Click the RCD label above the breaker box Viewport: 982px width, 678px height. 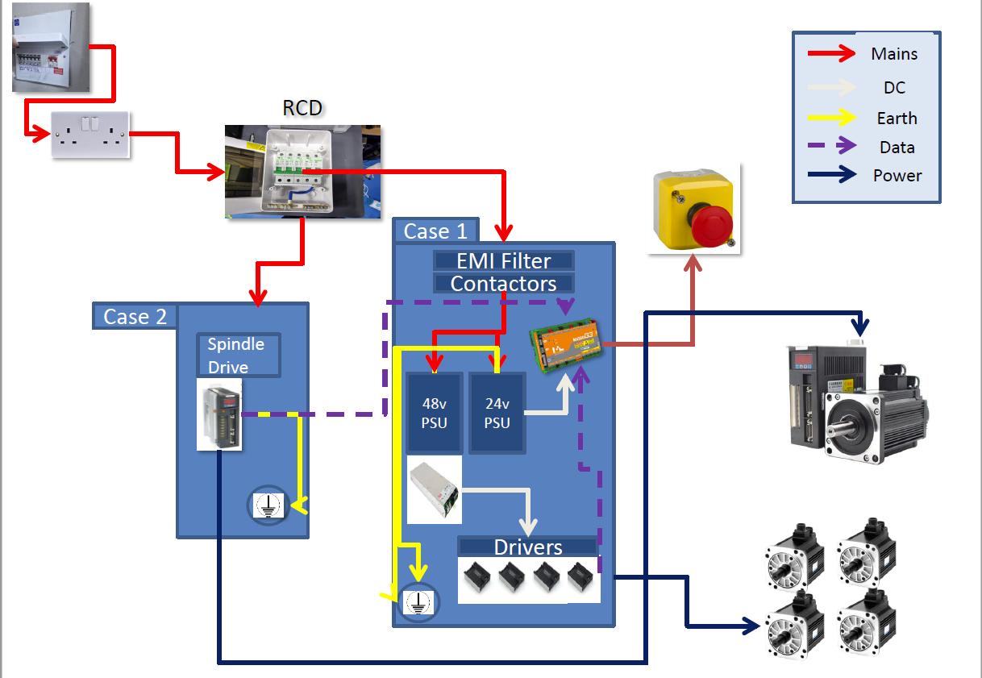coord(303,107)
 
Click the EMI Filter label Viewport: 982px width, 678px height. coord(504,261)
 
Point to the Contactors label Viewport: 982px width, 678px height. coord(504,284)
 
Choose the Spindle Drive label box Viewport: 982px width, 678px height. coord(239,356)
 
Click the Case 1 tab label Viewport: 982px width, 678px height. coord(435,231)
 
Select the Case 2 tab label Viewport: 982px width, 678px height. coord(135,317)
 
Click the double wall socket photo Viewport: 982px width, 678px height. coord(90,134)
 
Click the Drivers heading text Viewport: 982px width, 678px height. coord(528,547)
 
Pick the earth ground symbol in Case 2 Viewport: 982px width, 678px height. coord(267,505)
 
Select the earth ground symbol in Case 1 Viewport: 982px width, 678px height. coord(416,599)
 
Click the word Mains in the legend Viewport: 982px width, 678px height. coord(894,54)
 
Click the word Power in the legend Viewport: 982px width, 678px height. coord(897,176)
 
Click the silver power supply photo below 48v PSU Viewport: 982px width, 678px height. coord(435,489)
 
